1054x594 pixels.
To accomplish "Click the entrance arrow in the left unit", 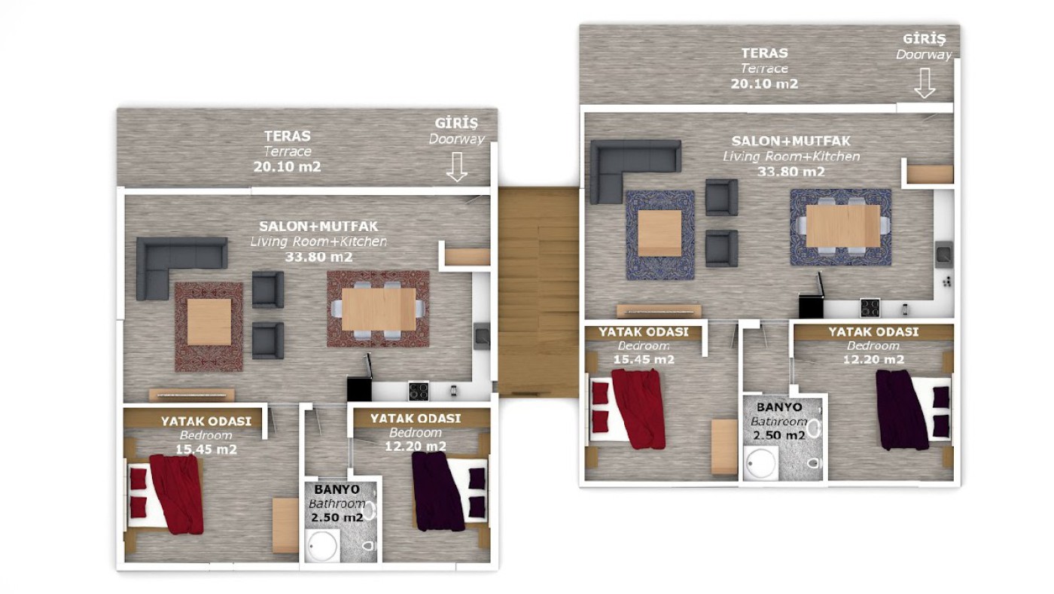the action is [456, 166].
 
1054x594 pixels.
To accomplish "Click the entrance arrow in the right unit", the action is [925, 83].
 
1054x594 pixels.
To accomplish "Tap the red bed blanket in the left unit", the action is [178, 494].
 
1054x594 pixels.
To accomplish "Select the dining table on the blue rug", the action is [842, 225].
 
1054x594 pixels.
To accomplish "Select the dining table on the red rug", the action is [379, 309].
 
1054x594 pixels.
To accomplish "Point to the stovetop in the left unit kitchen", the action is [419, 391].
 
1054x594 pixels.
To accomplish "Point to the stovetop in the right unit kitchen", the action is [870, 308].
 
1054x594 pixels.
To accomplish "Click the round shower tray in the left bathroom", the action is [322, 546].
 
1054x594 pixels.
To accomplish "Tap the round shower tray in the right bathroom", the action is [760, 464].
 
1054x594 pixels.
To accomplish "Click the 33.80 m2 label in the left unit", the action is [318, 257].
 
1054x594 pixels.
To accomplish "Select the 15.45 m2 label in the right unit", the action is [644, 360].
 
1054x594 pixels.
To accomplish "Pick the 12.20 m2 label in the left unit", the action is [416, 446].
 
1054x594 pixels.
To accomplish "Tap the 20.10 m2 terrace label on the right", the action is [764, 84].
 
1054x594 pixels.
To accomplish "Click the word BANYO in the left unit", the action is [337, 489].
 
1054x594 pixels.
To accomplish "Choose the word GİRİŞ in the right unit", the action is [925, 39].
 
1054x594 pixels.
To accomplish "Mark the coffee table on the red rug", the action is [209, 322].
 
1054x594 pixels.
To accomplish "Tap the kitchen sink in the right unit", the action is [943, 254].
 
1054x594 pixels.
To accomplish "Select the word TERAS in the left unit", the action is [287, 136].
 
